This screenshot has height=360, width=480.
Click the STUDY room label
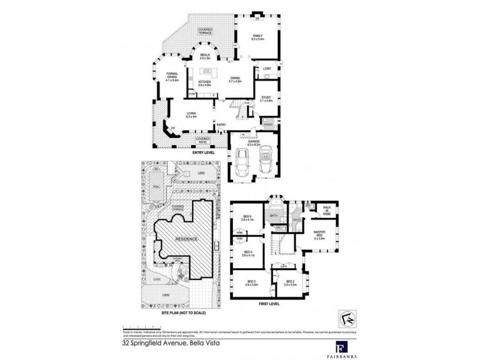[266, 99]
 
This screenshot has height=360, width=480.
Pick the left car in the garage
[244, 161]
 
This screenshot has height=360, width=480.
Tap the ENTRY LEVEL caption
[204, 152]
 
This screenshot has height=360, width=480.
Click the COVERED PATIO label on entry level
[203, 140]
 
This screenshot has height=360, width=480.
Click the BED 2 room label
[289, 282]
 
